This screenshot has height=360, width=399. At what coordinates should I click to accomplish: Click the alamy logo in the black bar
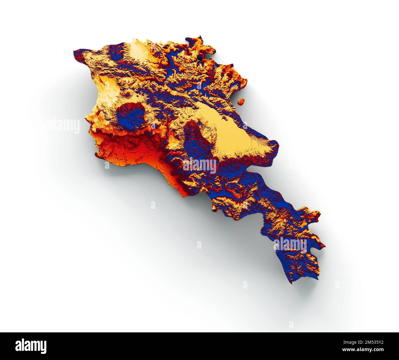[31, 346]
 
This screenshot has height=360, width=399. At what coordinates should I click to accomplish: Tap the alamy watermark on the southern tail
[290, 244]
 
